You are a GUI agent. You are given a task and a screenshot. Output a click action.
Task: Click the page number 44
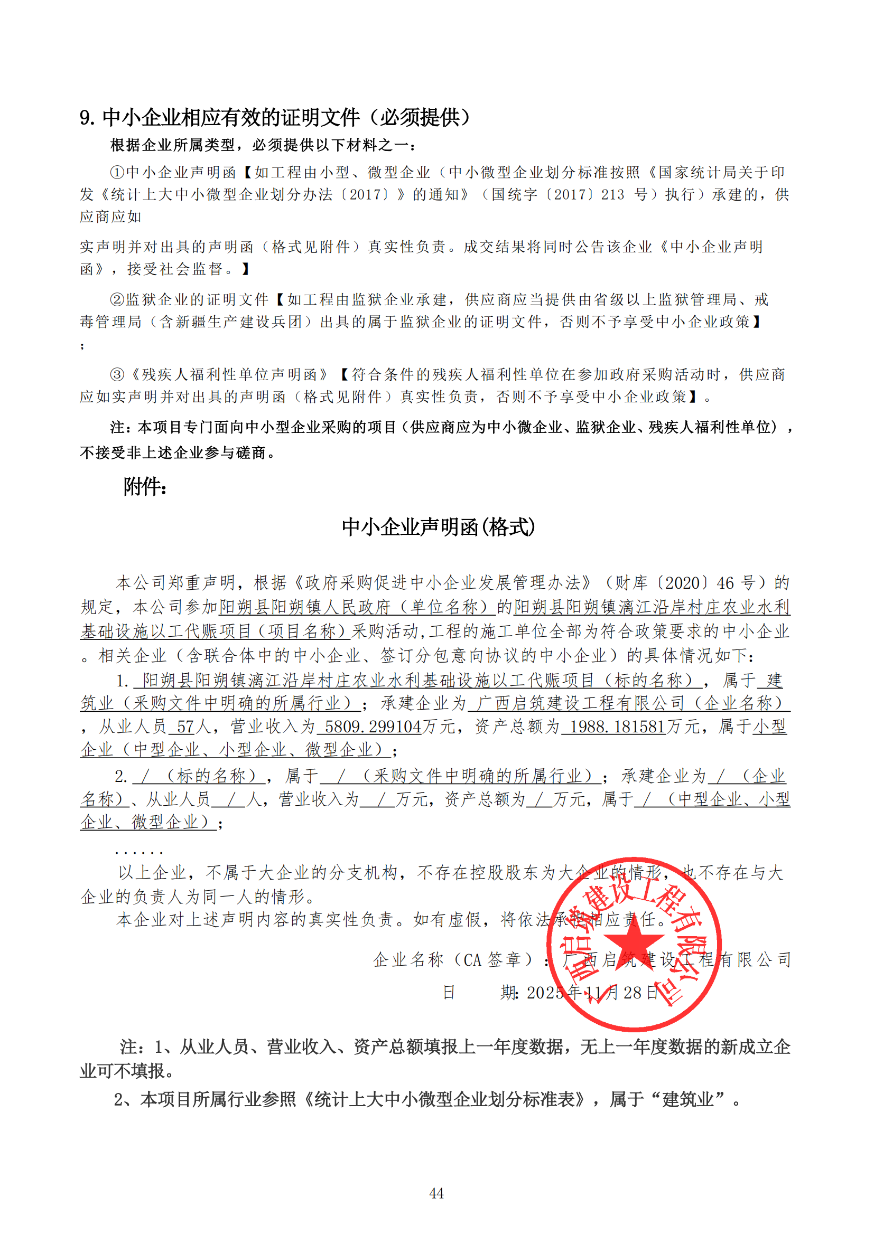pyautogui.click(x=436, y=1193)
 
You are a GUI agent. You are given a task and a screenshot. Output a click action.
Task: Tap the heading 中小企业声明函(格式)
pyautogui.click(x=438, y=527)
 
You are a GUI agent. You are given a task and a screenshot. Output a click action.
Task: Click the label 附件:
pyautogui.click(x=145, y=487)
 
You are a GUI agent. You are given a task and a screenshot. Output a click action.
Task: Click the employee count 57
pyautogui.click(x=185, y=727)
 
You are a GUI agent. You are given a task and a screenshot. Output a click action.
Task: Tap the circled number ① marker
pyautogui.click(x=117, y=173)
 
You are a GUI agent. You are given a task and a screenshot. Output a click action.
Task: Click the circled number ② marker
pyautogui.click(x=117, y=299)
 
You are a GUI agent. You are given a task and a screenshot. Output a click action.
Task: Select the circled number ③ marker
pyautogui.click(x=117, y=374)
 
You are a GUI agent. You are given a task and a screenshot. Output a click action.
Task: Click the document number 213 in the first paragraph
pyautogui.click(x=612, y=195)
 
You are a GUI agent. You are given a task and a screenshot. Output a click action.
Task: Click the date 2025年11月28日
pyautogui.click(x=592, y=993)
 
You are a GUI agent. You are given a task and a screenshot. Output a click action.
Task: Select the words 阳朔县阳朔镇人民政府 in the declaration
pyautogui.click(x=304, y=607)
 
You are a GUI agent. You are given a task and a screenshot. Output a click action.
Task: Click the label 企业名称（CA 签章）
pyautogui.click(x=454, y=959)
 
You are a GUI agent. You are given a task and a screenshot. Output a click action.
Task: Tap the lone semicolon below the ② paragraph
pyautogui.click(x=82, y=346)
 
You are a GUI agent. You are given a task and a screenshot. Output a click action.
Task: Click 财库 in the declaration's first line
pyautogui.click(x=631, y=582)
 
